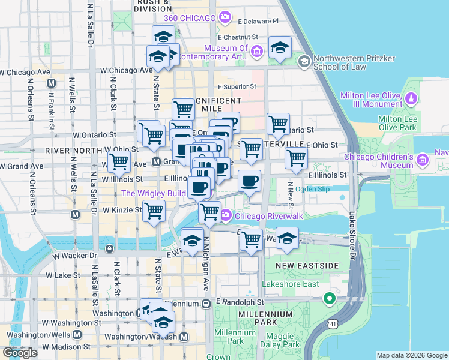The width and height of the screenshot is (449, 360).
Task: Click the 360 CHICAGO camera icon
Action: (x=225, y=17)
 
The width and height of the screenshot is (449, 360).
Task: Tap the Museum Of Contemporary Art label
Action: (x=226, y=52)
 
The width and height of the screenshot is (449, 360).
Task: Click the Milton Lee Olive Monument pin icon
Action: (x=412, y=97)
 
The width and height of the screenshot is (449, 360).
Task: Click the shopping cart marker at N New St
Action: (x=295, y=159)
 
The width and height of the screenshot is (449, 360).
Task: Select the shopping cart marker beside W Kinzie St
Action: (x=154, y=211)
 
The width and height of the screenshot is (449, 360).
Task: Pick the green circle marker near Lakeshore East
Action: (x=329, y=298)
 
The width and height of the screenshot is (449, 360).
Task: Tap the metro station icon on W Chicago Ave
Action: (x=52, y=83)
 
